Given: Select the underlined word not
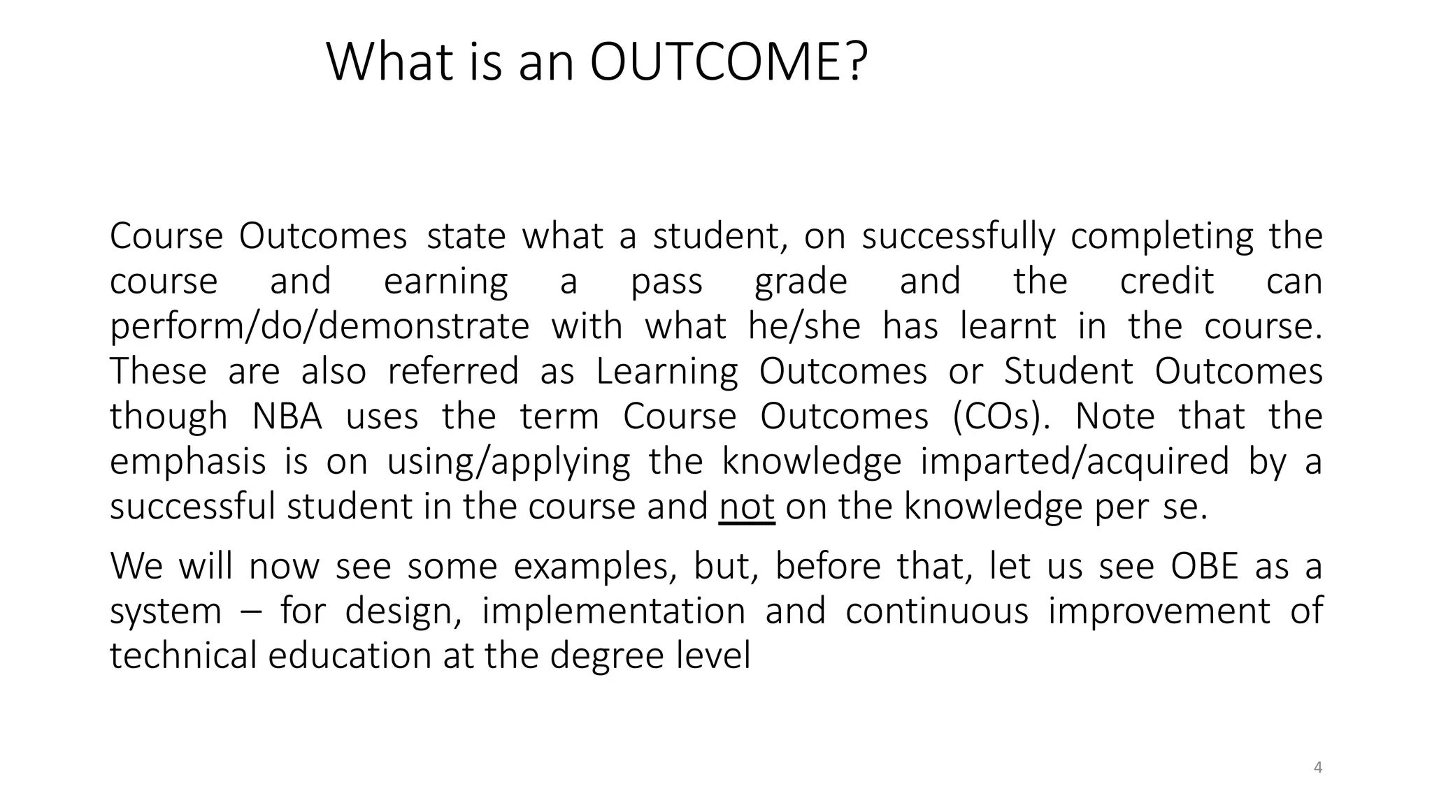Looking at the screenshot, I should pyautogui.click(x=747, y=506).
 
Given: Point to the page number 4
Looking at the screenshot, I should pyautogui.click(x=1318, y=767).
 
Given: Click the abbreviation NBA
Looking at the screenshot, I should pyautogui.click(x=287, y=416).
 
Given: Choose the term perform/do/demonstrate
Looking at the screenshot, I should pyautogui.click(x=320, y=326).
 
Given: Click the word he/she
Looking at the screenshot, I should pyautogui.click(x=804, y=326).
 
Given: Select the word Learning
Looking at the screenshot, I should pyautogui.click(x=667, y=371).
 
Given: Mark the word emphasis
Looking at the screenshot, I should pyautogui.click(x=188, y=462).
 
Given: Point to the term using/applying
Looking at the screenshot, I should pyautogui.click(x=508, y=462).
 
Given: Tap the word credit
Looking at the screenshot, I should pyautogui.click(x=1167, y=282).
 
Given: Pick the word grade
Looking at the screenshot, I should pyautogui.click(x=801, y=282).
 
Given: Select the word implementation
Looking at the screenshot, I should pyautogui.click(x=614, y=611).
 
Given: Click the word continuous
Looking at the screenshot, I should pyautogui.click(x=937, y=611).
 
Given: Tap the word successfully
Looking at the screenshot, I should pyautogui.click(x=958, y=236).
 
